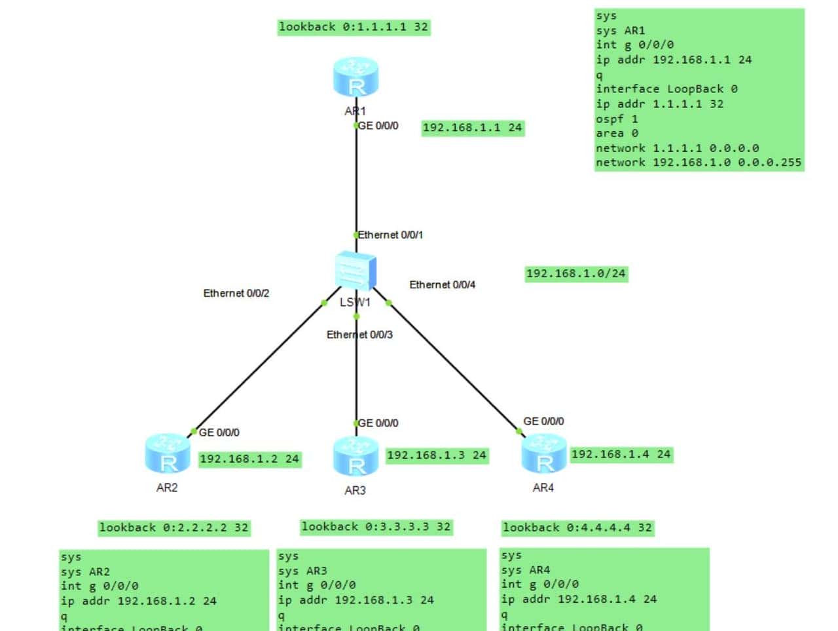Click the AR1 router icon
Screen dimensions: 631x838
pos(355,77)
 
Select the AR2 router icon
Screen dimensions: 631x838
pos(168,453)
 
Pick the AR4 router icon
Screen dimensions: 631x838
pos(543,453)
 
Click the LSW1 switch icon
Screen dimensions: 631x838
pos(355,271)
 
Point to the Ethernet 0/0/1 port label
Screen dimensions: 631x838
pos(390,235)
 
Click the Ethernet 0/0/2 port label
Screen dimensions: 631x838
pos(236,293)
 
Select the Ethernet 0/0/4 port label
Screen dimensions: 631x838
pos(442,284)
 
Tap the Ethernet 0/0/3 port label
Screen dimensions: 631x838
pos(359,335)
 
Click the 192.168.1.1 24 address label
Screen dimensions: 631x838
pos(472,128)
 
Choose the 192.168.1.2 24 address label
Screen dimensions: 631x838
pos(249,459)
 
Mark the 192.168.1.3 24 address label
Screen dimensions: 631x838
pos(436,455)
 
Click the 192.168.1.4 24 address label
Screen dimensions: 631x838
pos(621,455)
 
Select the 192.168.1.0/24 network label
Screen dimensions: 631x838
pos(575,273)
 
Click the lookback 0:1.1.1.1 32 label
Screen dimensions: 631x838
pos(353,27)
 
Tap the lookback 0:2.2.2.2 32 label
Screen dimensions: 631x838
pos(173,527)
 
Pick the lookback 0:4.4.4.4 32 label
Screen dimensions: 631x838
pos(577,527)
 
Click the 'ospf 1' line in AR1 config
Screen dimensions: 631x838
pos(616,119)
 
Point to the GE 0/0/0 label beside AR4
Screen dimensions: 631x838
pos(543,421)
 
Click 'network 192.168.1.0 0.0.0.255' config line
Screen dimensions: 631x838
pos(698,163)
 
